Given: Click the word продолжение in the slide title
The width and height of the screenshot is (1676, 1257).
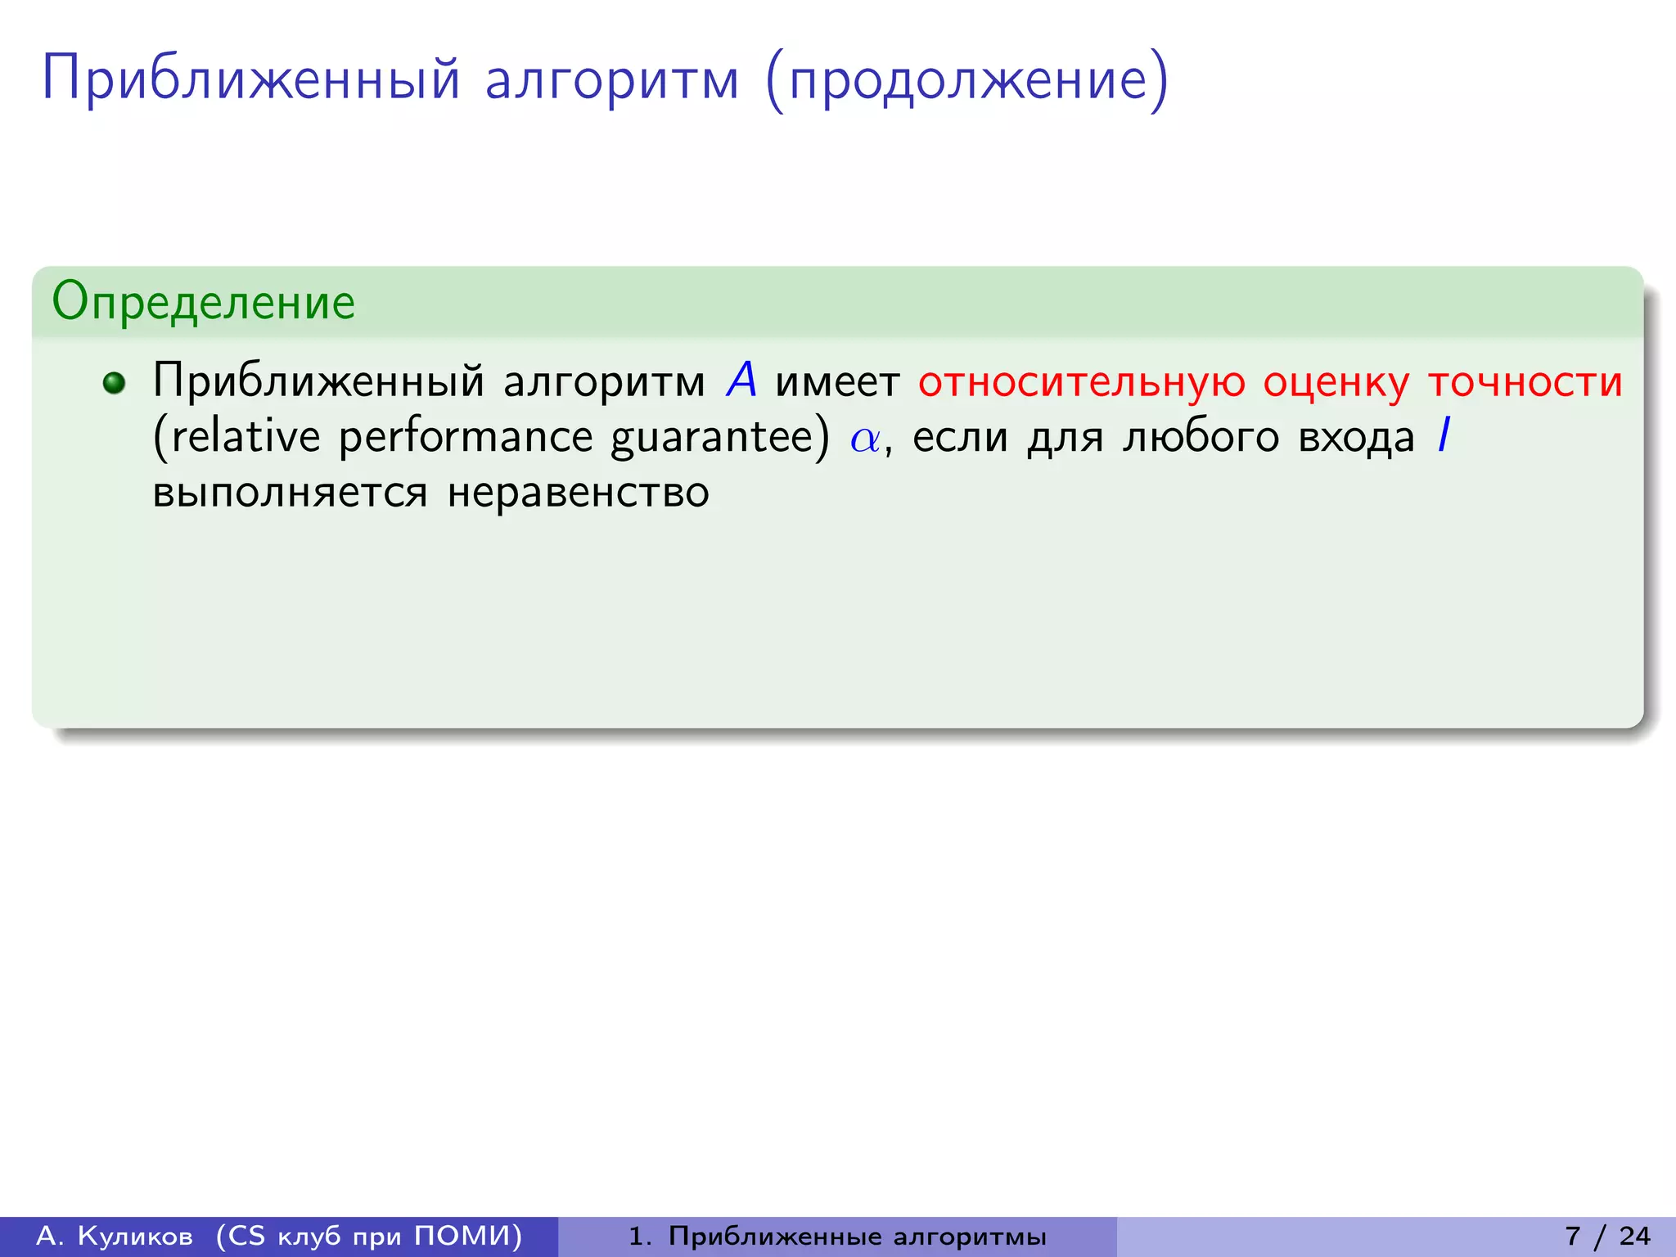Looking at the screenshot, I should pyautogui.click(x=967, y=80).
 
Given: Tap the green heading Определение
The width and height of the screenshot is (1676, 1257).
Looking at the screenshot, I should pyautogui.click(x=203, y=302).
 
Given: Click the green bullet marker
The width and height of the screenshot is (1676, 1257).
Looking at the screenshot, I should pyautogui.click(x=115, y=382).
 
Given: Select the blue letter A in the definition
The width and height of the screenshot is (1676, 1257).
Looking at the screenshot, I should pyautogui.click(x=741, y=381).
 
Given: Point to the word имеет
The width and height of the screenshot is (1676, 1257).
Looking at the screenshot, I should pyautogui.click(x=837, y=382).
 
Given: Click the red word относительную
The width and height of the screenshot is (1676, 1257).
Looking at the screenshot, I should pyautogui.click(x=1081, y=382).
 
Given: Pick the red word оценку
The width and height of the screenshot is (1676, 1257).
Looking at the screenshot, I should pyautogui.click(x=1336, y=382).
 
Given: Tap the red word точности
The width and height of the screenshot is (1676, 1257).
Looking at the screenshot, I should pyautogui.click(x=1525, y=382).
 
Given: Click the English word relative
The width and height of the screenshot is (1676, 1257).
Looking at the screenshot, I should pyautogui.click(x=246, y=436).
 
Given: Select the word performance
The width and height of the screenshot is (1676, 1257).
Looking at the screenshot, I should pyautogui.click(x=465, y=438).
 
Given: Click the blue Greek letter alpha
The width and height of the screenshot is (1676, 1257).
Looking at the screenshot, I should pyautogui.click(x=864, y=439).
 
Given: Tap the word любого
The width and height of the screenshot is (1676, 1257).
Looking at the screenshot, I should pyautogui.click(x=1201, y=436).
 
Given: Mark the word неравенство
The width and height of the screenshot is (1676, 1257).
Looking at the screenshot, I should pyautogui.click(x=578, y=492).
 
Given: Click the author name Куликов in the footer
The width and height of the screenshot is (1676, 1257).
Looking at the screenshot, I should pyautogui.click(x=135, y=1236).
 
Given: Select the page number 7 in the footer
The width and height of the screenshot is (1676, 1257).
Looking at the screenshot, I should pyautogui.click(x=1572, y=1236).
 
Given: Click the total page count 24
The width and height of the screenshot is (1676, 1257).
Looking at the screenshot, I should pyautogui.click(x=1634, y=1236).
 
